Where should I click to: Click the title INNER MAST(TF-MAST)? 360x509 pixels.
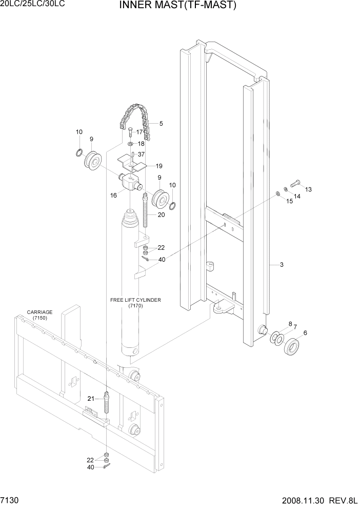(x=177, y=6)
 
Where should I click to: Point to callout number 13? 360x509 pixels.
(x=308, y=189)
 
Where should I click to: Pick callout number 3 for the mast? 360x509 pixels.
(x=282, y=265)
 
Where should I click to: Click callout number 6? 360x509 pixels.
(x=306, y=332)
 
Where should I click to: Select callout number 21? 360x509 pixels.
(x=90, y=399)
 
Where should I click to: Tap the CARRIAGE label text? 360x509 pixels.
(x=39, y=312)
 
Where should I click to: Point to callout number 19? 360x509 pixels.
(x=159, y=166)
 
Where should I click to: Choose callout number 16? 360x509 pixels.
(x=113, y=195)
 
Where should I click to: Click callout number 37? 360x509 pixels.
(x=142, y=154)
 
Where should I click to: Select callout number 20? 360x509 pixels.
(x=161, y=214)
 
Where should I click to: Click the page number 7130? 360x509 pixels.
(x=11, y=499)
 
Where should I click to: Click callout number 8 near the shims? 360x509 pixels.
(x=290, y=324)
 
